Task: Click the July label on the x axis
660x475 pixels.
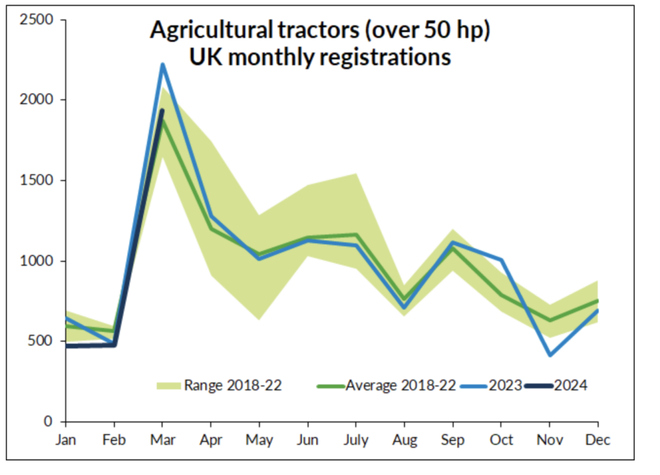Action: coord(355,440)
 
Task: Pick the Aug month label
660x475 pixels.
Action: coord(405,440)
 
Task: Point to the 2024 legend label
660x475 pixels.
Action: coord(571,385)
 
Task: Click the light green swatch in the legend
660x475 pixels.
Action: coord(168,385)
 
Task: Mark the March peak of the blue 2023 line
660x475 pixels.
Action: coord(162,64)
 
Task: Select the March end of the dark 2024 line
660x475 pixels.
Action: coord(162,110)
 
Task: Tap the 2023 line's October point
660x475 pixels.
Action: coord(501,260)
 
